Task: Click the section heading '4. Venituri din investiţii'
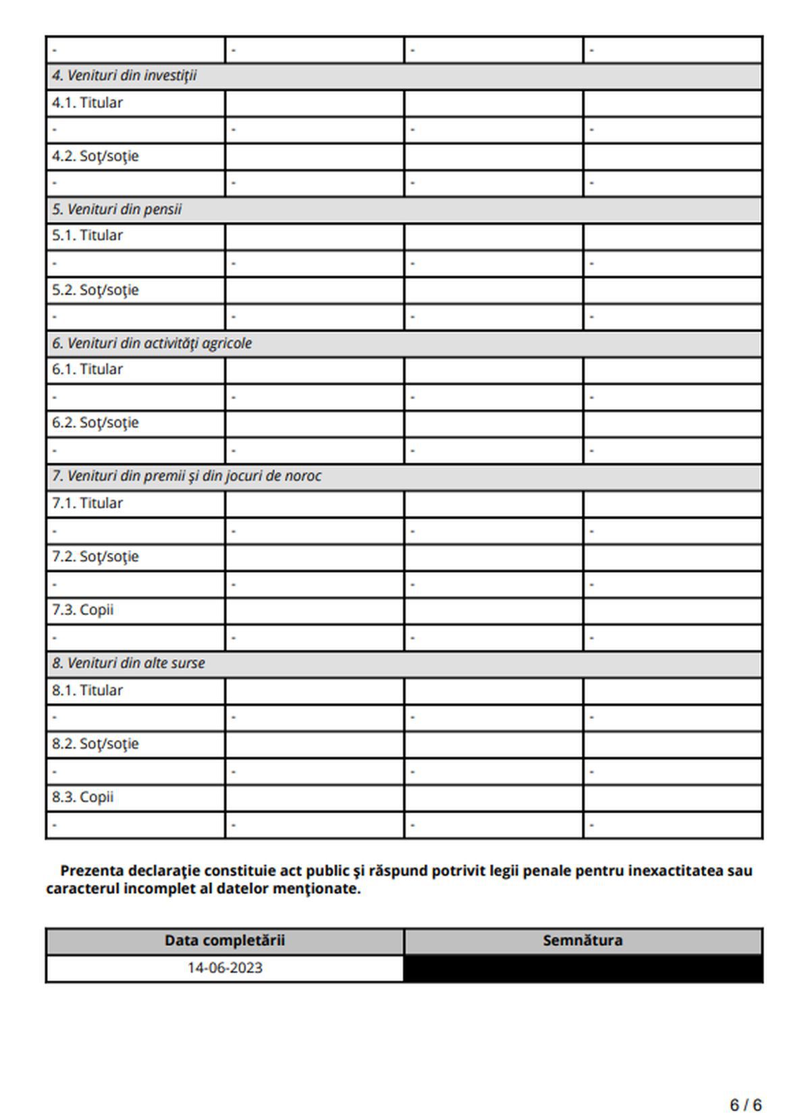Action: pyautogui.click(x=124, y=76)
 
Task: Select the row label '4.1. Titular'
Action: pyautogui.click(x=87, y=103)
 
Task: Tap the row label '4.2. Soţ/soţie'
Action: pyautogui.click(x=95, y=156)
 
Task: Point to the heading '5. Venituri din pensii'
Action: pyautogui.click(x=117, y=209)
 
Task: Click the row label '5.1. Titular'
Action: pyautogui.click(x=87, y=236)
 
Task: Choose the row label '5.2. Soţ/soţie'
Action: pyautogui.click(x=95, y=290)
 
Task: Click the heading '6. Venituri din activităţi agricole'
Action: pyautogui.click(x=152, y=343)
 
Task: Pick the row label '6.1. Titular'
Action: pyautogui.click(x=87, y=369)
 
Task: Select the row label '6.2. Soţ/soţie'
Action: pyautogui.click(x=95, y=423)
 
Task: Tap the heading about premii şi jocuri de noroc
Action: pyautogui.click(x=186, y=476)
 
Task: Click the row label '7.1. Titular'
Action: pyautogui.click(x=87, y=503)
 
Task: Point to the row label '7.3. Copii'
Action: pyautogui.click(x=82, y=610)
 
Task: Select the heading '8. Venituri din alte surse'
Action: pyautogui.click(x=128, y=663)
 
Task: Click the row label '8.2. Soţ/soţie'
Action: pyautogui.click(x=95, y=743)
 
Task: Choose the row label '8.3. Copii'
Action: pyautogui.click(x=82, y=797)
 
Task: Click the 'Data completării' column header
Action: pyautogui.click(x=225, y=940)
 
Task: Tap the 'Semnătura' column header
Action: pyautogui.click(x=583, y=940)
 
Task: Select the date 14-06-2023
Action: pyautogui.click(x=225, y=967)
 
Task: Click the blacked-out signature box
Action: pyautogui.click(x=583, y=968)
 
